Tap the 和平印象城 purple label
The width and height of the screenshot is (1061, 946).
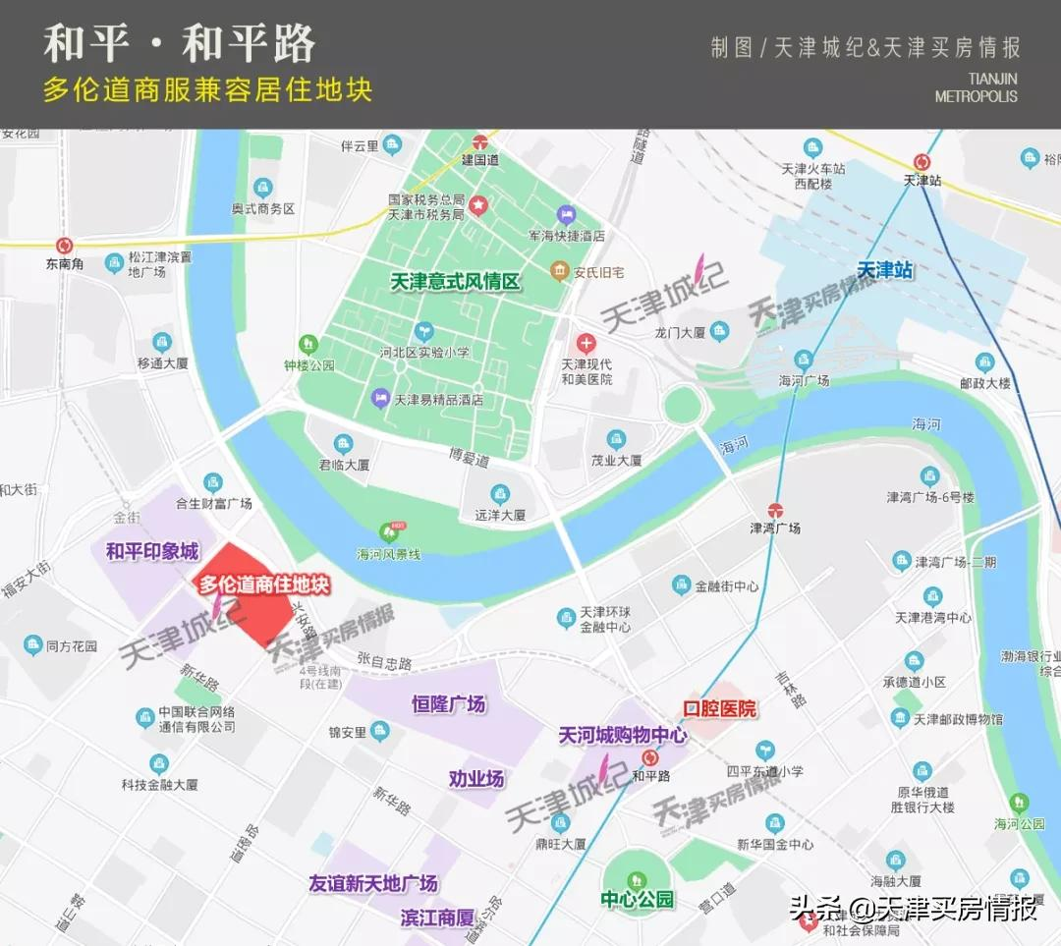tap(152, 552)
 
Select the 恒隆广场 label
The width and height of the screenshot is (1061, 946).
tap(448, 704)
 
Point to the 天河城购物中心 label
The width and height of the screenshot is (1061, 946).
tap(623, 735)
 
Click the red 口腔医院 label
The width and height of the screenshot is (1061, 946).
tap(720, 708)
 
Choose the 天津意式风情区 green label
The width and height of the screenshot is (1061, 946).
tap(455, 282)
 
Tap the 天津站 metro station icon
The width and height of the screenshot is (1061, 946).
tap(921, 162)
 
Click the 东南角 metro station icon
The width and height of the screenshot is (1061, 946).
tap(65, 246)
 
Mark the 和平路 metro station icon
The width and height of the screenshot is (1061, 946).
tap(649, 757)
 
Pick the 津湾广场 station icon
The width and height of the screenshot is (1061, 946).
tap(775, 510)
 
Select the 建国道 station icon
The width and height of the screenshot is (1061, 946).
tap(480, 141)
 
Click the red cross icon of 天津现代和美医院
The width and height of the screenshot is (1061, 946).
tap(586, 344)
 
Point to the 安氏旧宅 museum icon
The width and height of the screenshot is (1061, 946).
tap(559, 270)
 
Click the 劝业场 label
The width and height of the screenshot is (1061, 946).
tap(476, 779)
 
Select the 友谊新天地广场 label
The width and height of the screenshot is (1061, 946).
tap(373, 884)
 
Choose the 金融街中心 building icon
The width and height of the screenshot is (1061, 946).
tap(681, 585)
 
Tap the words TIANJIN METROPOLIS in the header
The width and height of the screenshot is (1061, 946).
tap(977, 87)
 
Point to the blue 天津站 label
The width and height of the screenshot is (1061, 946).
tap(885, 269)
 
